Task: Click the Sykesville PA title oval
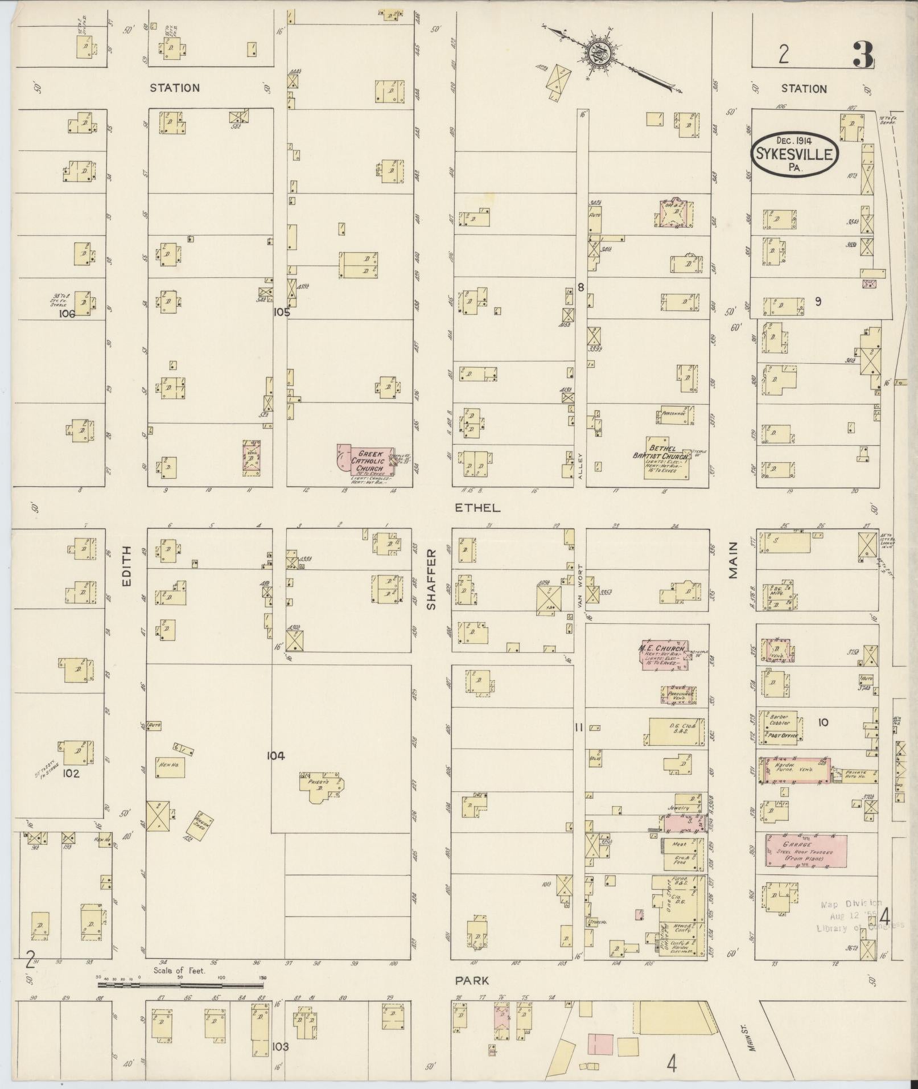pos(794,154)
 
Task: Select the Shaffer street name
pos(431,580)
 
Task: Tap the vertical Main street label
pos(734,561)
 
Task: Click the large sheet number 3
pos(863,55)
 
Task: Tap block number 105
pos(281,312)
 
